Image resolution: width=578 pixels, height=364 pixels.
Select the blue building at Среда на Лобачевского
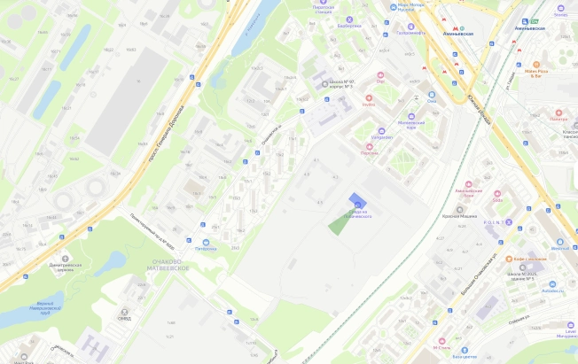point(356,201)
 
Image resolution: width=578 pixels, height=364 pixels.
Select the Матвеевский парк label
point(411,124)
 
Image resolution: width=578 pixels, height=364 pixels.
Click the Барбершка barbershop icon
point(349,19)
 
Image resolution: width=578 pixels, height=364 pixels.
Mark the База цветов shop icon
point(457,349)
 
